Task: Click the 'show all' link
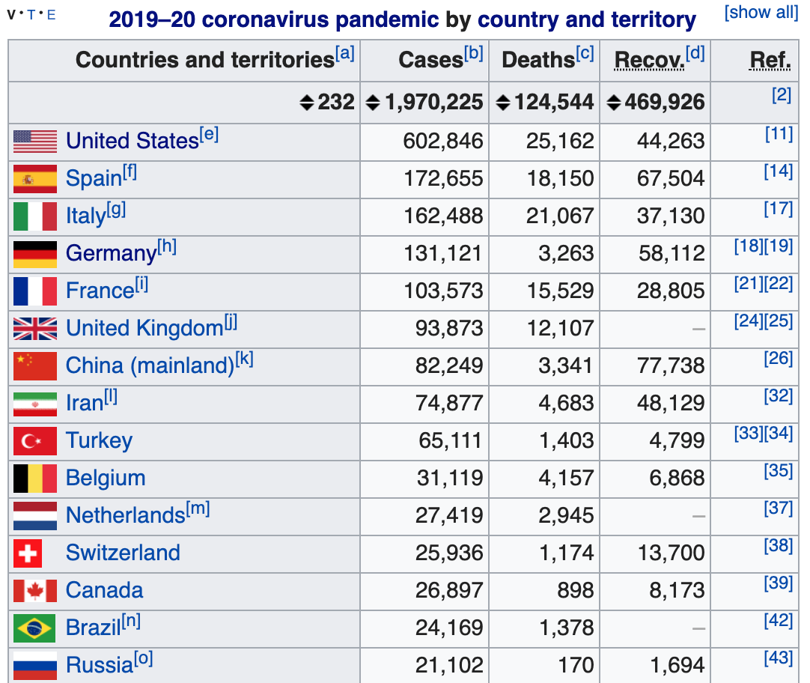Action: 761,13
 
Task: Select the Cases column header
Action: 430,60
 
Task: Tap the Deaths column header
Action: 538,60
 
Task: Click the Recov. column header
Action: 649,60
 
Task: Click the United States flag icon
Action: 35,141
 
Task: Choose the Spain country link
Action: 94,178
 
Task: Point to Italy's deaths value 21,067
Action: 560,216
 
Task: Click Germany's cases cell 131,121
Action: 443,253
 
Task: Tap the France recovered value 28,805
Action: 671,291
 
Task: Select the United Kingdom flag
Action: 35,328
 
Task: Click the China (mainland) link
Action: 150,365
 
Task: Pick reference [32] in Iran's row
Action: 778,396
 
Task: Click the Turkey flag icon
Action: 35,440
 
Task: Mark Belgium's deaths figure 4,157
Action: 566,478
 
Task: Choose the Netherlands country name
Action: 125,515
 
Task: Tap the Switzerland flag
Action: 28,553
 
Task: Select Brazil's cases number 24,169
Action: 449,628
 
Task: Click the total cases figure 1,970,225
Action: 433,103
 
